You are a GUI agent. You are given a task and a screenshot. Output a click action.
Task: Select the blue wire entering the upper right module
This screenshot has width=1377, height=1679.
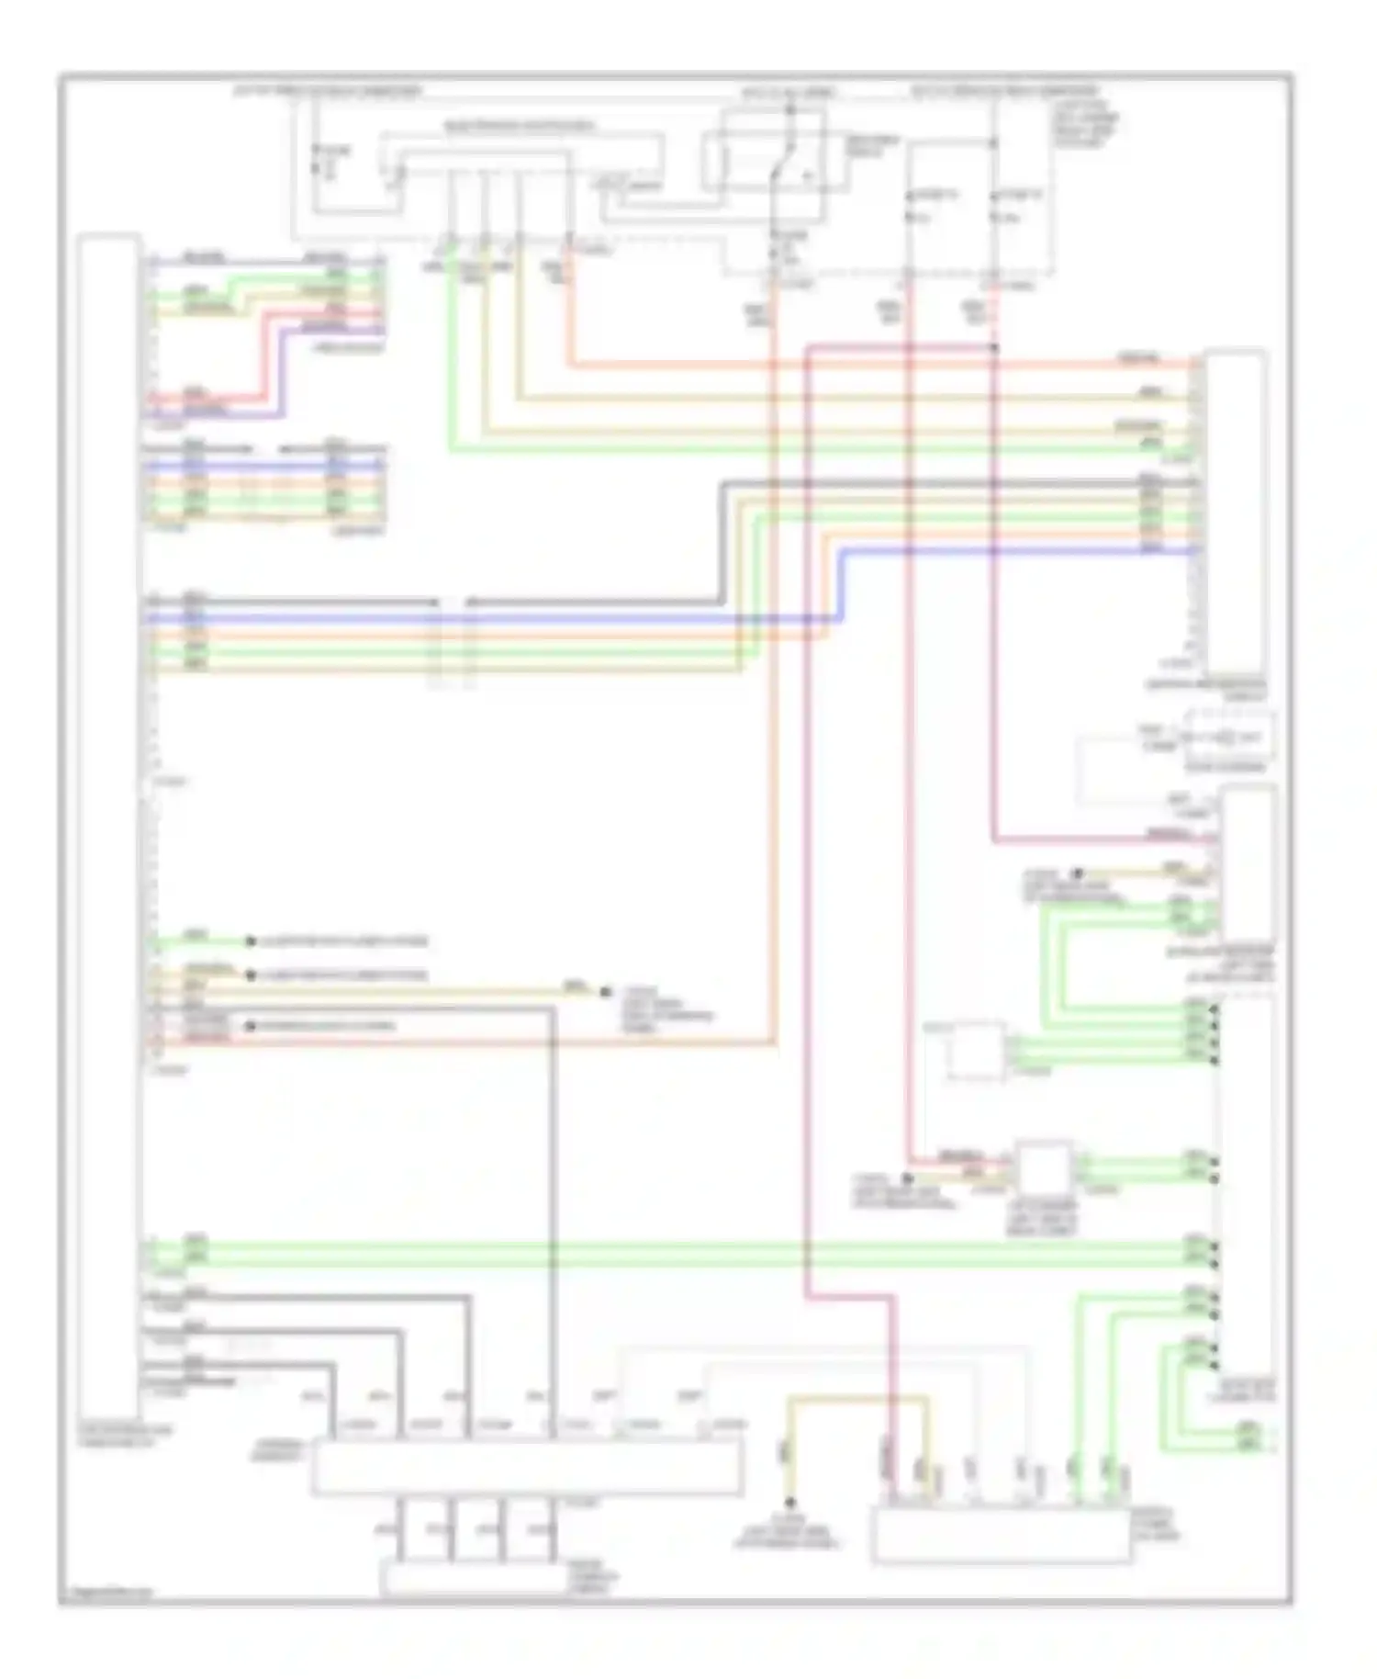(x=1019, y=551)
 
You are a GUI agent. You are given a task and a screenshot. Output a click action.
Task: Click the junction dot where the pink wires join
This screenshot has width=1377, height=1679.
(x=995, y=348)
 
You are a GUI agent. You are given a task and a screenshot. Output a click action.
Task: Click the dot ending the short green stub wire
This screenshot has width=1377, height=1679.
(x=250, y=941)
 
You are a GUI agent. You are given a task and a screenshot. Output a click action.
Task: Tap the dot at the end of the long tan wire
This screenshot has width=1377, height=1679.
(x=605, y=992)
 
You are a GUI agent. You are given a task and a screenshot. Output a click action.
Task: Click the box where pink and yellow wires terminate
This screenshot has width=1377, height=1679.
(x=1001, y=1535)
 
